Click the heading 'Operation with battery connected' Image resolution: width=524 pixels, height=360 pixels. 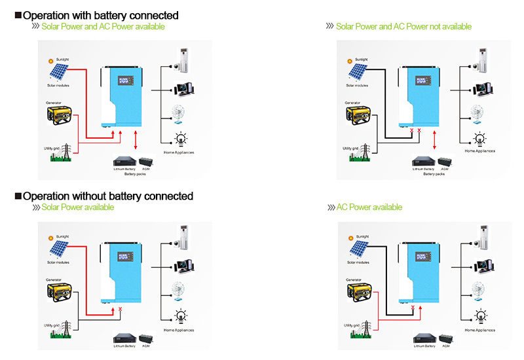100,15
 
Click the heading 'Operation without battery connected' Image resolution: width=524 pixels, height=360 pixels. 108,196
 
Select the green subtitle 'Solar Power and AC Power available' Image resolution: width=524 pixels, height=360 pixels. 103,26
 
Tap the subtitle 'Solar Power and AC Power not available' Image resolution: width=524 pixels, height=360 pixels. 403,26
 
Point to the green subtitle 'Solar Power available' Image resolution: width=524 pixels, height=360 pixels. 77,207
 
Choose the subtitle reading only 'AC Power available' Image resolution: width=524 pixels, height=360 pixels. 369,207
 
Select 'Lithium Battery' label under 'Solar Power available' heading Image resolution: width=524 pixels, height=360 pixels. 124,345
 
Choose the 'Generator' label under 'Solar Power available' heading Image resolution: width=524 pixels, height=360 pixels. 54,279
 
